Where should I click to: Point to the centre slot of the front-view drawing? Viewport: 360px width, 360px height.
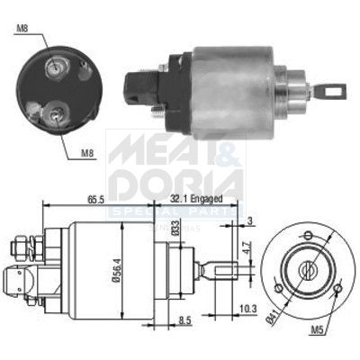[308, 267]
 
